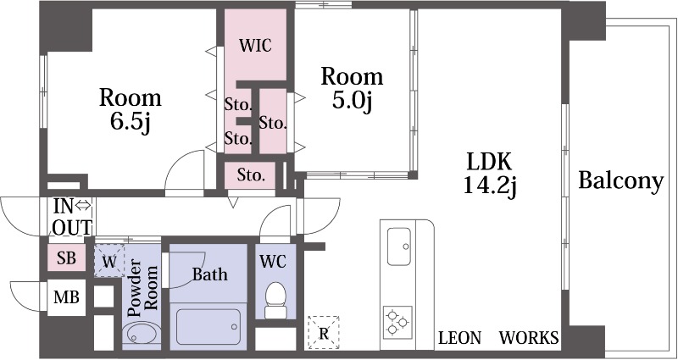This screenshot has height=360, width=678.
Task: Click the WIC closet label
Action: pos(255,45)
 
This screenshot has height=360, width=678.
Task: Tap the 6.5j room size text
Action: pos(131,122)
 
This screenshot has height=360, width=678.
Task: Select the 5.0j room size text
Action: pos(352,101)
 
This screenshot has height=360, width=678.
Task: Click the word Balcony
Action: pos(621,180)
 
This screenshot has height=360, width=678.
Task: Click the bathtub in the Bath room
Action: pos(208,326)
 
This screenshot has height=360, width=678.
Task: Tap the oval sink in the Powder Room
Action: pos(141,334)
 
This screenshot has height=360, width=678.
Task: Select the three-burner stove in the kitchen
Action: pos(397,321)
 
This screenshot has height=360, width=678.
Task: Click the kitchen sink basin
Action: pos(398,246)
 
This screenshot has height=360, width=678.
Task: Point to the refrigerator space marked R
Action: pos(324,333)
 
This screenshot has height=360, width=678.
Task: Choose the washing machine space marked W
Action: pos(110,261)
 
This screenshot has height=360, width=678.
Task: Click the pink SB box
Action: pos(67,258)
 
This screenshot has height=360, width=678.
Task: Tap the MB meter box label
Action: pos(66,297)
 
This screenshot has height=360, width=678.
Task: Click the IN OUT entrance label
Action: pos(72,217)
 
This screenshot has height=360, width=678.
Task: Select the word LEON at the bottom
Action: pos(459,338)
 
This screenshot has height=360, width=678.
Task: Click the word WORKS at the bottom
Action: pos(529,338)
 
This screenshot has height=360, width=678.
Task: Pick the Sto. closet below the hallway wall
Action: pos(250,175)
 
